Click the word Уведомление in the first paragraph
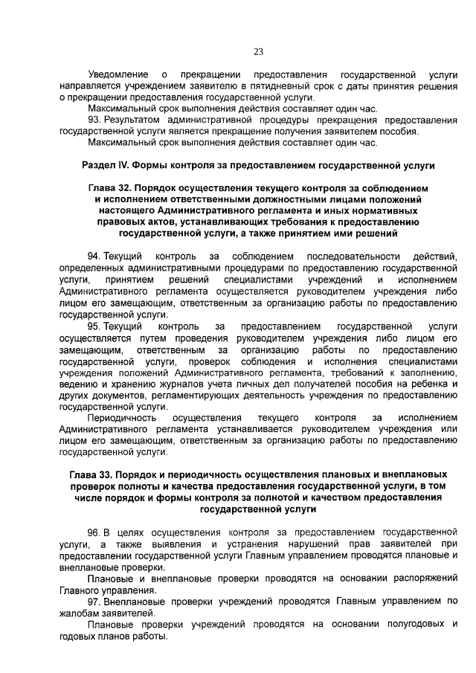(118, 76)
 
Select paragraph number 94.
(94, 257)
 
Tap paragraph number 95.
(94, 326)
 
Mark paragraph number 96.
(94, 533)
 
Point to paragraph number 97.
(94, 602)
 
